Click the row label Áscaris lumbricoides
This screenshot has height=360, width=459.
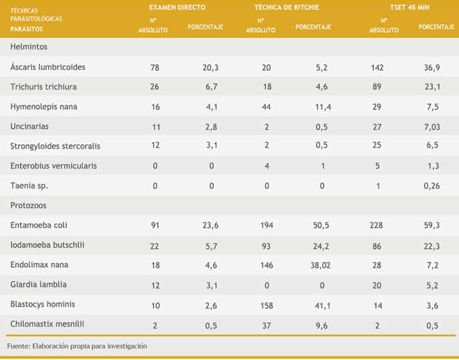click(x=47, y=67)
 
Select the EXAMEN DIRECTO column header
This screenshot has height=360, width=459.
click(x=177, y=7)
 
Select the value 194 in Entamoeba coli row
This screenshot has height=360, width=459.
click(x=267, y=226)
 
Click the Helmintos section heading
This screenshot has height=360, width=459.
click(x=29, y=47)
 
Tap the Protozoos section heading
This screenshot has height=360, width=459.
click(x=29, y=206)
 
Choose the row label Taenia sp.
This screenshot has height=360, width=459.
click(x=29, y=186)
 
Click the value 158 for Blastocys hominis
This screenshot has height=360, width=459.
click(x=267, y=305)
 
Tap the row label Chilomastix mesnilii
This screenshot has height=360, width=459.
click(x=46, y=324)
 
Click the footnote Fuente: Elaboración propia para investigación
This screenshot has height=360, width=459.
click(x=77, y=346)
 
